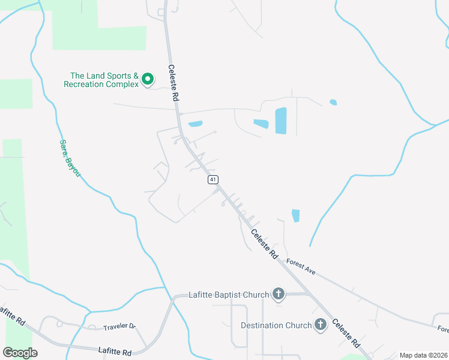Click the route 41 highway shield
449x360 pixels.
(x=213, y=179)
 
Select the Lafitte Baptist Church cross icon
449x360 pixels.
(x=279, y=295)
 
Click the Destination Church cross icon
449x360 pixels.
(x=321, y=325)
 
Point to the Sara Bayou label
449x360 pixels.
(x=70, y=158)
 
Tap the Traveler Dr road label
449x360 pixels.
(x=119, y=327)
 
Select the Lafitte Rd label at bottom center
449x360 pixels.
(x=115, y=349)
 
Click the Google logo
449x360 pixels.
(x=20, y=352)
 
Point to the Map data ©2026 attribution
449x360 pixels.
(x=423, y=355)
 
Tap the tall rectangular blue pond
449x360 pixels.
(x=281, y=121)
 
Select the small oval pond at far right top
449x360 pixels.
(x=333, y=102)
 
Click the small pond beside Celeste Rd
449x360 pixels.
(x=195, y=125)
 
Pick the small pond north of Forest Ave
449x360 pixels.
(x=295, y=215)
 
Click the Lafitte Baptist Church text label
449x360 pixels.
(x=229, y=295)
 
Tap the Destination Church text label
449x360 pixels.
(x=276, y=325)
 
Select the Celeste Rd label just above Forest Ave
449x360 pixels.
(x=265, y=244)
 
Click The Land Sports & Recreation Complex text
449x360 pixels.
(x=101, y=80)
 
